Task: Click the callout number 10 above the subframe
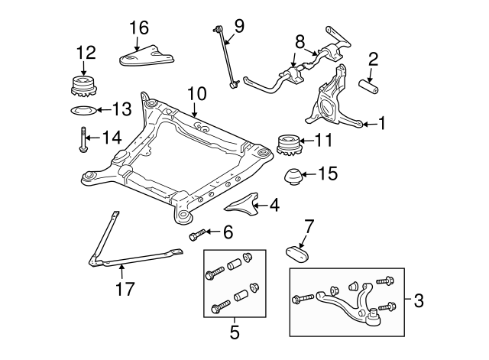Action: tap(196, 93)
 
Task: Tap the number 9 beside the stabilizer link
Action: tap(239, 26)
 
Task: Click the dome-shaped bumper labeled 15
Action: tap(293, 177)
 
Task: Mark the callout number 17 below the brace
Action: tap(123, 289)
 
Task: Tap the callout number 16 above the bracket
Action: tap(138, 28)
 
